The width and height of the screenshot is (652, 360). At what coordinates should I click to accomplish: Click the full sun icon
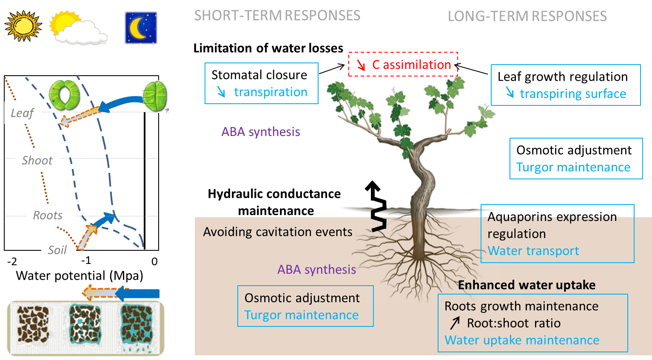tap(23, 26)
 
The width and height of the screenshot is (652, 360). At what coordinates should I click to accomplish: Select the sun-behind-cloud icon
tap(77, 28)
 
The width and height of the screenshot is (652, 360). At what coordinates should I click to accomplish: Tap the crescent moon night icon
tap(141, 28)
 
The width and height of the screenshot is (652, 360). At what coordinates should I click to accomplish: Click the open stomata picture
tap(64, 95)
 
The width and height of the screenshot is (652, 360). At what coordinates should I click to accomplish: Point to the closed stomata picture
tap(155, 96)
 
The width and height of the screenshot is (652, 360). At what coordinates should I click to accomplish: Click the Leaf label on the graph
tap(23, 113)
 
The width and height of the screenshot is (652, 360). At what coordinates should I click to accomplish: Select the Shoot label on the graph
tap(37, 160)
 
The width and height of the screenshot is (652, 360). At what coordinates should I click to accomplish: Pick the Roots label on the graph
tap(48, 215)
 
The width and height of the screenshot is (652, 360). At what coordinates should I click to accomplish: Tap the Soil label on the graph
tap(58, 250)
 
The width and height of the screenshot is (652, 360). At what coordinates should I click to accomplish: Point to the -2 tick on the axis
tap(12, 261)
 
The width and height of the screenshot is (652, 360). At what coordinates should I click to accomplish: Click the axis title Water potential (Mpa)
tap(80, 276)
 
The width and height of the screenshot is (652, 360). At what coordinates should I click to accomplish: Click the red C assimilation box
tap(403, 65)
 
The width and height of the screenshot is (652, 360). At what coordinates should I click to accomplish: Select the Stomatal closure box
tap(261, 83)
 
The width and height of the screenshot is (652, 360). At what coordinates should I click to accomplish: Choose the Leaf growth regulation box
tap(565, 85)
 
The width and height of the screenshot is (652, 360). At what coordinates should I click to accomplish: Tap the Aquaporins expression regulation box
tap(557, 234)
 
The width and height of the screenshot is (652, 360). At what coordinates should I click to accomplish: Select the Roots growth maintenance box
tap(532, 323)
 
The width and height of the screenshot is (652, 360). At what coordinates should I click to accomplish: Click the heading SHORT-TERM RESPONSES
tap(277, 16)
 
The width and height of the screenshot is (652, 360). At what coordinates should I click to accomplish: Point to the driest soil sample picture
tap(33, 325)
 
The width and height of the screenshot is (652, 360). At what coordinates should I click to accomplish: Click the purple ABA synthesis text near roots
tap(316, 269)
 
